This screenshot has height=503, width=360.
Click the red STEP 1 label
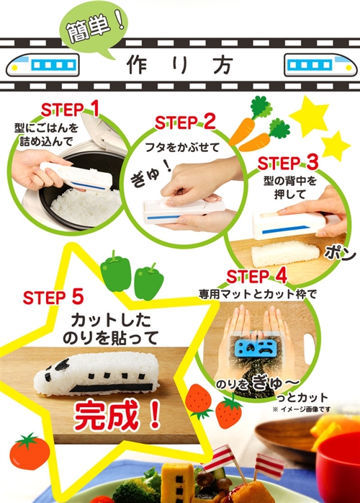(70, 110)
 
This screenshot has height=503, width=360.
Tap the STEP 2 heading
(185, 122)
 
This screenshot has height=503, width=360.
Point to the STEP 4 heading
(256, 276)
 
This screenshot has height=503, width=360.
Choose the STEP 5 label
(53, 297)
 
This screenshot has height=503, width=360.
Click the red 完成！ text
(117, 416)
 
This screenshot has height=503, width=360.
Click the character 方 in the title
(222, 64)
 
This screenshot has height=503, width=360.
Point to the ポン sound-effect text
(341, 254)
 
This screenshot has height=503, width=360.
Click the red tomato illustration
(30, 451)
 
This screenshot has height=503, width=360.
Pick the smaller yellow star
(335, 146)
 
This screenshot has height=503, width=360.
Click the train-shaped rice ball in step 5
(96, 374)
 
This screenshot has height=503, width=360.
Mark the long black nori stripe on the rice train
(111, 388)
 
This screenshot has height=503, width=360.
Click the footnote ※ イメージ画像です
(301, 409)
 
